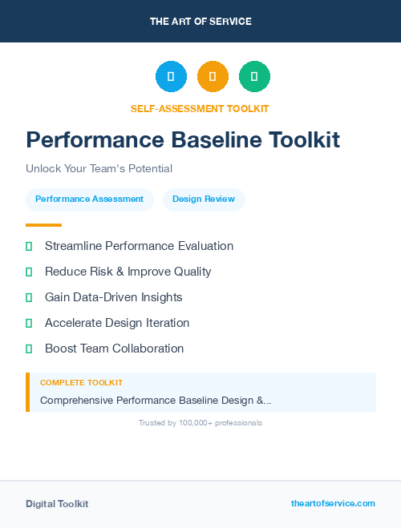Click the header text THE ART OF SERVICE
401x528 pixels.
(x=200, y=21)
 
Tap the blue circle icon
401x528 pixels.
(x=171, y=76)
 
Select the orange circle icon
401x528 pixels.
(x=213, y=76)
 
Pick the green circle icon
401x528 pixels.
(x=254, y=76)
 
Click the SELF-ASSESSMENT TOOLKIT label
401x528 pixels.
(x=200, y=108)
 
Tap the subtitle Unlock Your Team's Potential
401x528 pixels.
(x=99, y=168)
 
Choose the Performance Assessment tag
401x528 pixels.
(x=89, y=199)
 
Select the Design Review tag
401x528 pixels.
(x=204, y=199)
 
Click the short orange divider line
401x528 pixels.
(x=43, y=225)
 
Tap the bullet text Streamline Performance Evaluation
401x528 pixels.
(x=139, y=246)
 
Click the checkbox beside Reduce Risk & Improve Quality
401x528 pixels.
(x=29, y=272)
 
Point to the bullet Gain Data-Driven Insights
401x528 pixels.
(x=113, y=297)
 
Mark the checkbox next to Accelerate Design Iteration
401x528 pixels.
(x=29, y=323)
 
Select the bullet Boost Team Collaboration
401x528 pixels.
(x=114, y=349)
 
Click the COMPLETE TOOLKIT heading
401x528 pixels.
(x=81, y=383)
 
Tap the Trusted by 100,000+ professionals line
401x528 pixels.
(x=200, y=422)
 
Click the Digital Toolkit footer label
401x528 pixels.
(x=57, y=504)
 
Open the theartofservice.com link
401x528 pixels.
(x=333, y=503)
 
